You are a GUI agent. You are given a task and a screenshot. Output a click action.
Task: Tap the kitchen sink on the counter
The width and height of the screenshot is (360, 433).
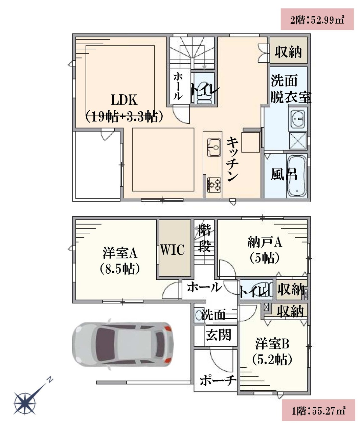pos(213,147)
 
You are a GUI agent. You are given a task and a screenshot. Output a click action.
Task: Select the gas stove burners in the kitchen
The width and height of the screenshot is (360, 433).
pos(214,185)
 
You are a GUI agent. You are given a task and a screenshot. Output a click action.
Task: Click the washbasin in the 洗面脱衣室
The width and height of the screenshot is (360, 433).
pos(298,119)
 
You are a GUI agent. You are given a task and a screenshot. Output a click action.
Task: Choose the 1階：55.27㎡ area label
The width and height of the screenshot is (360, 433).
pos(318,411)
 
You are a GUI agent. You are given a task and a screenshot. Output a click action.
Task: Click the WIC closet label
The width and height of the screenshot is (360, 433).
pos(172,250)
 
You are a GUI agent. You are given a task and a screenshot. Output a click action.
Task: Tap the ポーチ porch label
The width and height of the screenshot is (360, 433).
pos(218,380)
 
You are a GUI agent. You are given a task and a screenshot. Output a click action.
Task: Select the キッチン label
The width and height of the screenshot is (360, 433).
pos(232,159)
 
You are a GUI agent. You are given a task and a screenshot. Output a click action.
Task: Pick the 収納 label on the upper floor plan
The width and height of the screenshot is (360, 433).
pos(288,52)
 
